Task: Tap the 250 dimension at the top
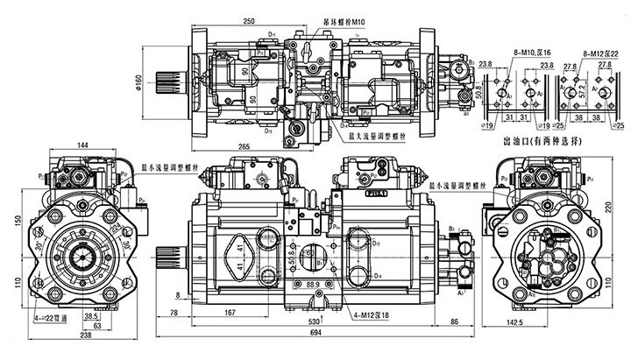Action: click(250, 18)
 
